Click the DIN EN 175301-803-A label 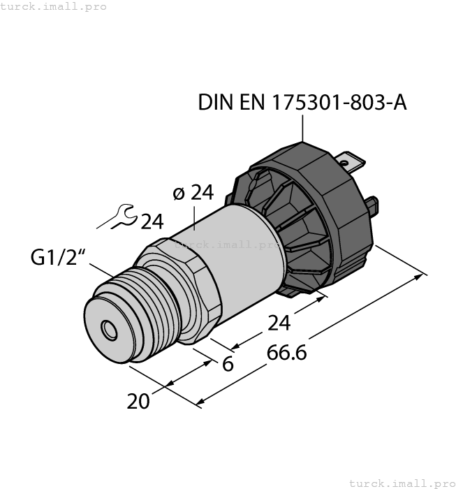(x=302, y=103)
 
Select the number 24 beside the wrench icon (x=152, y=222)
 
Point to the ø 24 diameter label (x=193, y=193)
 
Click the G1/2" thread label (x=58, y=258)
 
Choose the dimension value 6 (x=228, y=364)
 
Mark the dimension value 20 (x=140, y=402)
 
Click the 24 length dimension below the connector (x=279, y=323)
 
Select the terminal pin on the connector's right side (x=374, y=206)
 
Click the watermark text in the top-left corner (x=54, y=6)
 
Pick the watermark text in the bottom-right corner (x=401, y=483)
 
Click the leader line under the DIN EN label (x=303, y=129)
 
